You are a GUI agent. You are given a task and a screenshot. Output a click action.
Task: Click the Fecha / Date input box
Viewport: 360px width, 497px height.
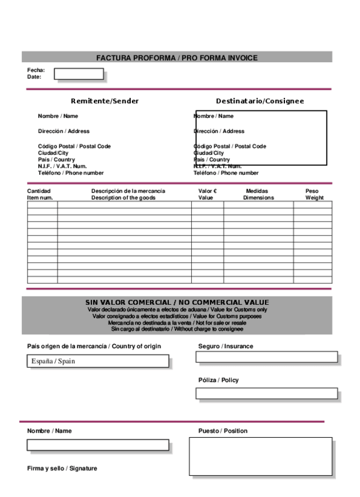79,74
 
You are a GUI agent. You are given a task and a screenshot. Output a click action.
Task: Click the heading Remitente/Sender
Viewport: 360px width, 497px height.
105,101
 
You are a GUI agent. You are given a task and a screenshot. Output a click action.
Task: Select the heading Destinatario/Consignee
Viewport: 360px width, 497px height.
260,101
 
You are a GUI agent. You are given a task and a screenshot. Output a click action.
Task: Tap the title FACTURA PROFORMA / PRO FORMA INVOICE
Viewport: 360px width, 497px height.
177,57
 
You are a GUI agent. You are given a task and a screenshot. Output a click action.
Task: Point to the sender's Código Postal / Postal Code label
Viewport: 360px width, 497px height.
74,146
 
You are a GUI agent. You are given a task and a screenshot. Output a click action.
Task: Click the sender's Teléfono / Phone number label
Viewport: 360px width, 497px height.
71,173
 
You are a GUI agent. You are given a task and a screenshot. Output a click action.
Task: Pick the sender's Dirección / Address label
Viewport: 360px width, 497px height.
64,131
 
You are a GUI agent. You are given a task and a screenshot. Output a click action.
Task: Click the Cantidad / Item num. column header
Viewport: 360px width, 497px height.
40,194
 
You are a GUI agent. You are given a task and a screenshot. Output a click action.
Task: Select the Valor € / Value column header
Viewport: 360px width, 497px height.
208,194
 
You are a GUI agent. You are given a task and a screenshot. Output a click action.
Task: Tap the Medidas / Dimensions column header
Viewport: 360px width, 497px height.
259,194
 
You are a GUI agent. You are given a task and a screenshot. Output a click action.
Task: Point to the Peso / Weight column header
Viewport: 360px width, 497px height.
314,194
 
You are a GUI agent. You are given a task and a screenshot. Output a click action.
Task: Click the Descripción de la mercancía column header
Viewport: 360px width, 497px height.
128,194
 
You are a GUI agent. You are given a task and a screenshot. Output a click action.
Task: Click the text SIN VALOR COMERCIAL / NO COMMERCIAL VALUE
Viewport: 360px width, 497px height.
177,302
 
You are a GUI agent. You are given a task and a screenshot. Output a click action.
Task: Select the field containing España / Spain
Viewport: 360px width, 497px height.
98,361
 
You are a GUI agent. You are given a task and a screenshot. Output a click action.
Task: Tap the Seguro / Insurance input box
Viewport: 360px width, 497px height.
267,357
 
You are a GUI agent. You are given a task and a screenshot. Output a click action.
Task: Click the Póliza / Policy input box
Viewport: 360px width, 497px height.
267,393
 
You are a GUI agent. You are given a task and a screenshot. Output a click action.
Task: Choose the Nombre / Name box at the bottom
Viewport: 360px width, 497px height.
98,445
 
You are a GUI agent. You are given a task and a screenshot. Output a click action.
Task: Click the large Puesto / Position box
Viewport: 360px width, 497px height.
260,456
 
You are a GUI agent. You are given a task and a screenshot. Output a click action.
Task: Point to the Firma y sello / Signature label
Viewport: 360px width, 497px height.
62,468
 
